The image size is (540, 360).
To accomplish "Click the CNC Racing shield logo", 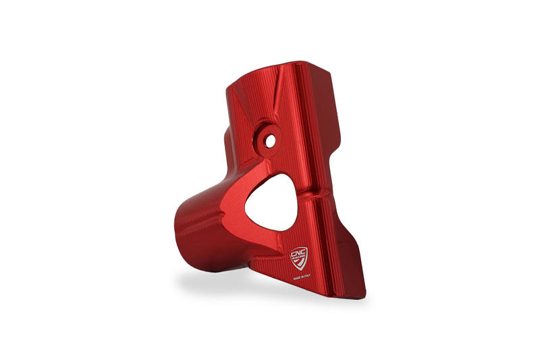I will (299, 257).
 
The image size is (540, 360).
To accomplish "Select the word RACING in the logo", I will (299, 257).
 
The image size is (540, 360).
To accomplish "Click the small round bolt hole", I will (270, 142).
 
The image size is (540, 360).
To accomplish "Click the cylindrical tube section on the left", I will (196, 230).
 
